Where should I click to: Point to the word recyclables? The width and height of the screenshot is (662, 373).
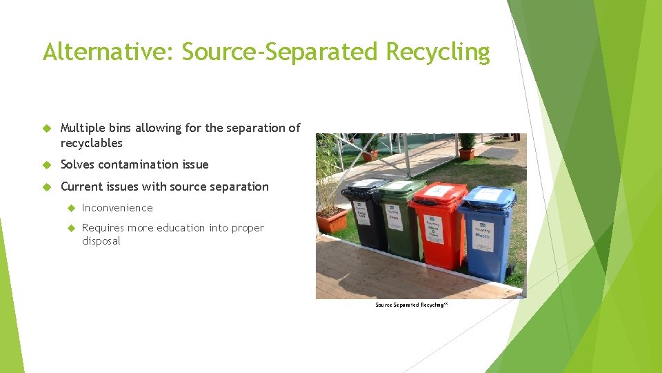[x=91, y=143]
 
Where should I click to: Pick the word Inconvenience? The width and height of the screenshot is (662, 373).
[x=117, y=208]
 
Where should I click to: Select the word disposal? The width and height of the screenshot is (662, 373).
[x=101, y=241]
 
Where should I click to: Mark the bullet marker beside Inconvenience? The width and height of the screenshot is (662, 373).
[x=70, y=208]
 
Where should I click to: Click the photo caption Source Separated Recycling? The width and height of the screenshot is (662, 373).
[x=411, y=305]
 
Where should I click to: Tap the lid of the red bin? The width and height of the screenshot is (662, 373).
[x=439, y=191]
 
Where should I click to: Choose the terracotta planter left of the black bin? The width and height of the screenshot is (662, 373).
[x=331, y=220]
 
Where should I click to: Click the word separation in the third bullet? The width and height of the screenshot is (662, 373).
[x=236, y=186]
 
